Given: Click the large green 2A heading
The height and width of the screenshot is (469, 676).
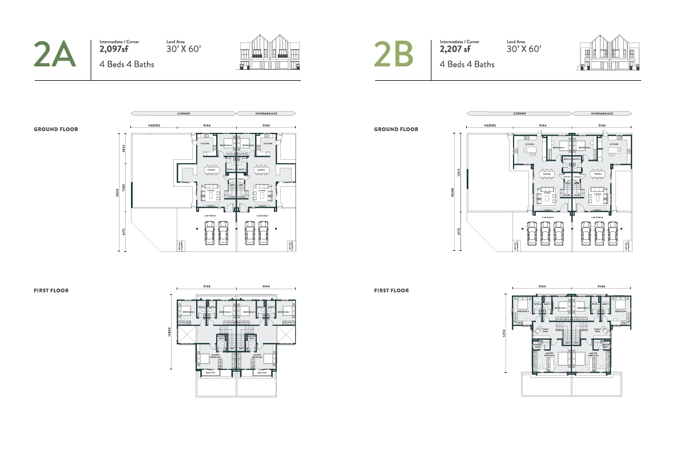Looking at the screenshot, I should pyautogui.click(x=54, y=55).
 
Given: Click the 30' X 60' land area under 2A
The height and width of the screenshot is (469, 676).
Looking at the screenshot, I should pyautogui.click(x=184, y=49).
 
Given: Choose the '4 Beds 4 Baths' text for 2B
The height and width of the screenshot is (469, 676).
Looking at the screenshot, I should pyautogui.click(x=467, y=64).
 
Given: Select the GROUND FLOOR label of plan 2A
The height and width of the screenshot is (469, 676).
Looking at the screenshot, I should pyautogui.click(x=55, y=129).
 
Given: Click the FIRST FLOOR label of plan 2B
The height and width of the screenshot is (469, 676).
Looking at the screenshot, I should pyautogui.click(x=392, y=291).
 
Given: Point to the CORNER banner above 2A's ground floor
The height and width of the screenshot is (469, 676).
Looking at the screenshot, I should pyautogui.click(x=184, y=113).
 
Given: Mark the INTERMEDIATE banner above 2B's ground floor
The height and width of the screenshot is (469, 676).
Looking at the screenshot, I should pyautogui.click(x=602, y=113).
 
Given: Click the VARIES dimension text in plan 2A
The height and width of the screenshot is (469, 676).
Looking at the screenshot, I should pyautogui.click(x=154, y=125).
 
